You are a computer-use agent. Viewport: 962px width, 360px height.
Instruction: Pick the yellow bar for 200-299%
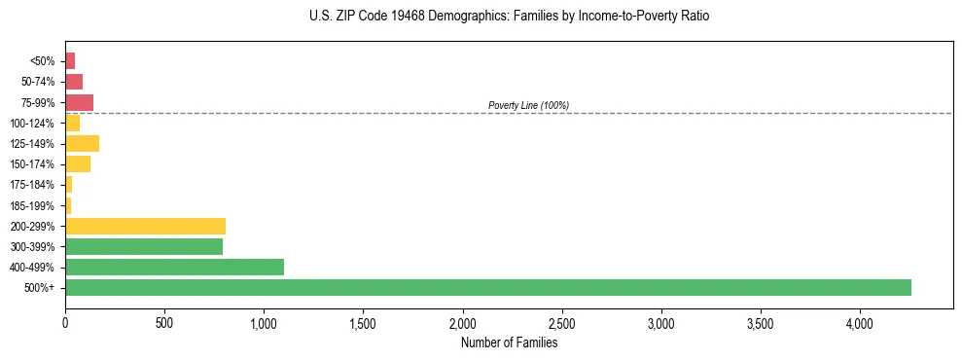click(145, 226)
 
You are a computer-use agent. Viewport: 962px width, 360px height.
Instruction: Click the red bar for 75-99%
click(79, 102)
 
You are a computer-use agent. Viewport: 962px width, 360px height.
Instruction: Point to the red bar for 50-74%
click(74, 81)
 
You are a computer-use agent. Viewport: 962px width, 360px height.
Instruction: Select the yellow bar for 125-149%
click(82, 143)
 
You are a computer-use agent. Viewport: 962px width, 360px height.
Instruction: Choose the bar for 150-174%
click(78, 163)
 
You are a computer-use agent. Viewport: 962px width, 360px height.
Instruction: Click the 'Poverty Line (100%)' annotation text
click(528, 105)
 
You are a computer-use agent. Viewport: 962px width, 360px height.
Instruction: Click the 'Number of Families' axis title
click(509, 342)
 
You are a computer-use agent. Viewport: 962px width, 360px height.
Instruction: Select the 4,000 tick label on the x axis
click(859, 322)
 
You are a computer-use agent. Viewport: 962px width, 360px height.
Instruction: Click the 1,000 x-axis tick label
click(264, 322)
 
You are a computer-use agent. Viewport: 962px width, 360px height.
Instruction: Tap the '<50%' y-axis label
click(43, 60)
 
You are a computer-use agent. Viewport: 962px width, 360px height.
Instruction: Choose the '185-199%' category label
click(32, 205)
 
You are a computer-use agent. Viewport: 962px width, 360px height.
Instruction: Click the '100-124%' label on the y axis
click(32, 123)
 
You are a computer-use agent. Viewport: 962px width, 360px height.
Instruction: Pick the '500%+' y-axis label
click(40, 287)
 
